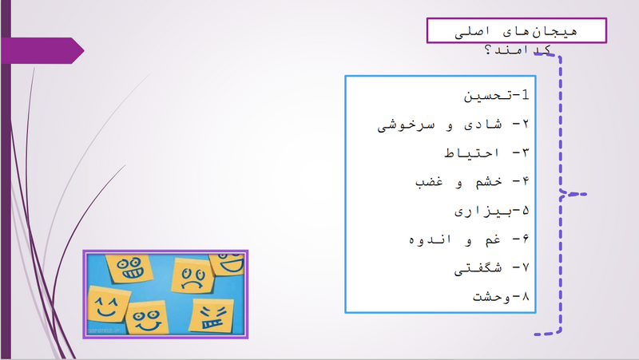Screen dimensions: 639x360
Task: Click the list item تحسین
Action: coord(486,96)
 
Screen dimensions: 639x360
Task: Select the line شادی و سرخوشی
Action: coord(439,125)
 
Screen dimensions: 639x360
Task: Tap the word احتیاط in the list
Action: coord(471,153)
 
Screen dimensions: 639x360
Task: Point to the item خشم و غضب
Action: coord(458,182)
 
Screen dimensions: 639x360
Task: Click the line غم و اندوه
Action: coord(454,239)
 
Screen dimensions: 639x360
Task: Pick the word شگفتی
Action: coord(478,268)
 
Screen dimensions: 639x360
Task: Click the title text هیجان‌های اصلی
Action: coord(516,31)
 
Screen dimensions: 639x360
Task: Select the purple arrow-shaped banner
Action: coord(42,50)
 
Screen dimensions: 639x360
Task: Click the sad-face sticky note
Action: coord(192,275)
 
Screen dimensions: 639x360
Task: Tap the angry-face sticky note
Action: coord(212,316)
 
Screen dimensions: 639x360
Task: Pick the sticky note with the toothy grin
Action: coord(129,268)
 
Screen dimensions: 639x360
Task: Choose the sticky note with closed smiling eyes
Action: coord(108,306)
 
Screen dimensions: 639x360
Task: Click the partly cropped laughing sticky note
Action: coord(227,263)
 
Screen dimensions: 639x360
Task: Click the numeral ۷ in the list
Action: coord(526,268)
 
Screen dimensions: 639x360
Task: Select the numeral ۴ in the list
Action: coord(526,182)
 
